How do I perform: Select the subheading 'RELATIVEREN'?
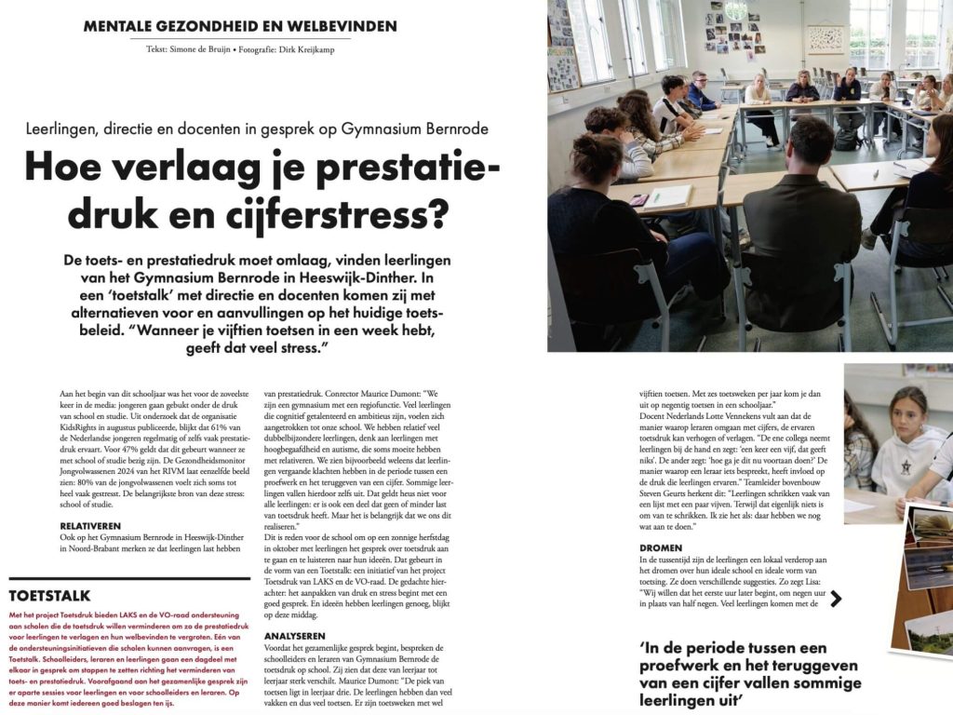tap(91, 526)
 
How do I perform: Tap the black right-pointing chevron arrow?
tap(835, 599)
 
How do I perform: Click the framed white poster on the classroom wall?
tap(825, 38)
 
